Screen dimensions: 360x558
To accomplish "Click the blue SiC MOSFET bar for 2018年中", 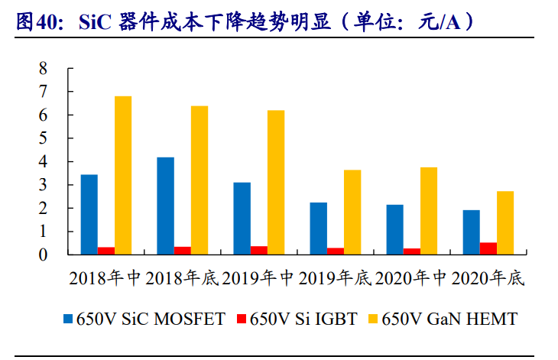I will click(89, 215).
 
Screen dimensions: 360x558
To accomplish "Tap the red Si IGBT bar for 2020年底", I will click(488, 248).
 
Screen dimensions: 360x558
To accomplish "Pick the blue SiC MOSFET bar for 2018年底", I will click(166, 206).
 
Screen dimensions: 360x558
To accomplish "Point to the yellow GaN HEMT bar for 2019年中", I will click(276, 183).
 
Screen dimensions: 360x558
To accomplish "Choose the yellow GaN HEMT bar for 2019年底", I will click(352, 212).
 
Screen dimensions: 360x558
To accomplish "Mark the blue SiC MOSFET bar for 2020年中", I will click(395, 229).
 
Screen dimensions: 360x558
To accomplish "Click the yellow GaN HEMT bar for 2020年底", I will click(505, 222).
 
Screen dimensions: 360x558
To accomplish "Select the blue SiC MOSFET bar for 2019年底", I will click(319, 229).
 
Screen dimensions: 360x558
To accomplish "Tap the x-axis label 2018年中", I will click(106, 279).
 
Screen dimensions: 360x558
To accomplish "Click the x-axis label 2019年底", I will click(336, 279).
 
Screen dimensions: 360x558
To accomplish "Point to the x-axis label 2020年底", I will click(488, 279).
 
